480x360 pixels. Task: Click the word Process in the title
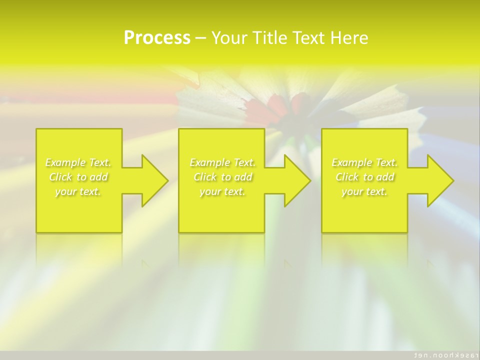[x=157, y=38]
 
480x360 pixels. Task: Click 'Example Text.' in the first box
[x=78, y=162]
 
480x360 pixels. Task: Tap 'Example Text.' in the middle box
[x=222, y=162]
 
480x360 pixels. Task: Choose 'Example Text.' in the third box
[x=364, y=162]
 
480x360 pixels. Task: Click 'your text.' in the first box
[x=78, y=191]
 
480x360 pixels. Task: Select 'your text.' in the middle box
[x=222, y=191]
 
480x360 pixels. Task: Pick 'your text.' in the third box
[x=364, y=191]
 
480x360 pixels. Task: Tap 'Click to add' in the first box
[x=78, y=177]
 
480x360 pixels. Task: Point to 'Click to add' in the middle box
[x=222, y=177]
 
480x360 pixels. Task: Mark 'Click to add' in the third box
[x=364, y=177]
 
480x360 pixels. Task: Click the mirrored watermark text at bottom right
[x=443, y=354]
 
